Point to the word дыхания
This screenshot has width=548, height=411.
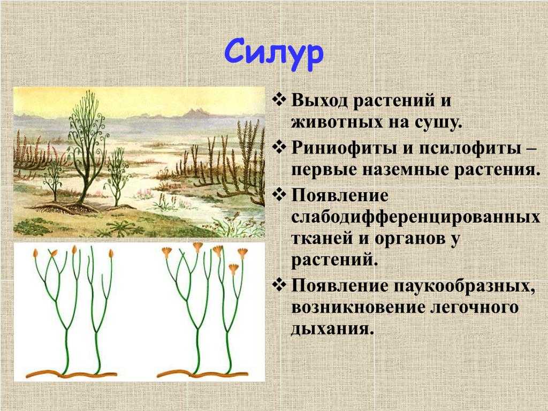pos(330,329)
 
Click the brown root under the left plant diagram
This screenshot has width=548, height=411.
pos(71,374)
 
